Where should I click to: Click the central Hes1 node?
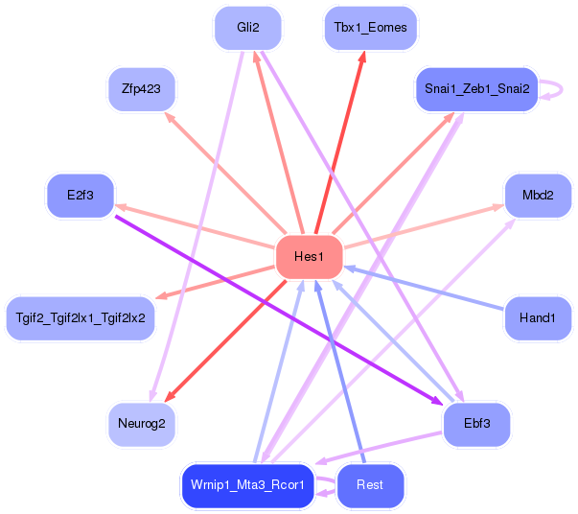point(310,257)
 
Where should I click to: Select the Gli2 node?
point(248,28)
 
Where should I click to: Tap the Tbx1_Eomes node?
point(370,28)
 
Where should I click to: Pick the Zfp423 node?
point(141,89)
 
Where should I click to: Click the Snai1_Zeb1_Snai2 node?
point(476,89)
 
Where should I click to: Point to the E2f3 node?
point(81,196)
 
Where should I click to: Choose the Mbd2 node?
point(538,196)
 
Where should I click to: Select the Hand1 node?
point(538,318)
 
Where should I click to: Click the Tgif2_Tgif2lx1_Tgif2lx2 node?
point(81,318)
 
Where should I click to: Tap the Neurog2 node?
point(141,424)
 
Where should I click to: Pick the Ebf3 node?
point(476,424)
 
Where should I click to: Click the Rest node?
point(370,485)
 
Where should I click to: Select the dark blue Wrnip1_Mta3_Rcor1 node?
point(247,485)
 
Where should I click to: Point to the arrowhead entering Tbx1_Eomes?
point(362,58)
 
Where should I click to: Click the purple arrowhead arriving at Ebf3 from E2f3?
point(437,401)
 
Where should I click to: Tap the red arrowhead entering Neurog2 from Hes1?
point(170,397)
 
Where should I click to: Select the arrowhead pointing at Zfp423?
point(170,118)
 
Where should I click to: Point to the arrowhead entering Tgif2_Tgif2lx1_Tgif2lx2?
point(161,296)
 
